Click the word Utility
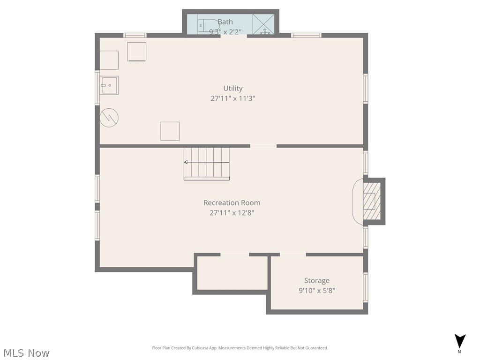pos(232,88)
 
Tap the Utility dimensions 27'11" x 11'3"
pos(232,99)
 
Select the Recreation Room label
pos(232,203)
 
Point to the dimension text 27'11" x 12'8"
pos(232,213)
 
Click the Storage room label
pos(316,281)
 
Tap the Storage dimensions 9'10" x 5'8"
pos(316,291)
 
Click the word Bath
pos(225,22)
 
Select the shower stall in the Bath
pos(263,24)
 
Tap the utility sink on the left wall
pos(109,85)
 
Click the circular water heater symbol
pos(109,117)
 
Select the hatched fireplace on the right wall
pos(369,201)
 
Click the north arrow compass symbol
pos(460,342)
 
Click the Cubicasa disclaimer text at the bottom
pos(240,348)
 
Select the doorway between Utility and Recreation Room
pos(263,146)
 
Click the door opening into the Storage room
pos(292,255)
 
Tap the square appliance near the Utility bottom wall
pos(170,131)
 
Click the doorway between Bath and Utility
pos(233,36)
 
